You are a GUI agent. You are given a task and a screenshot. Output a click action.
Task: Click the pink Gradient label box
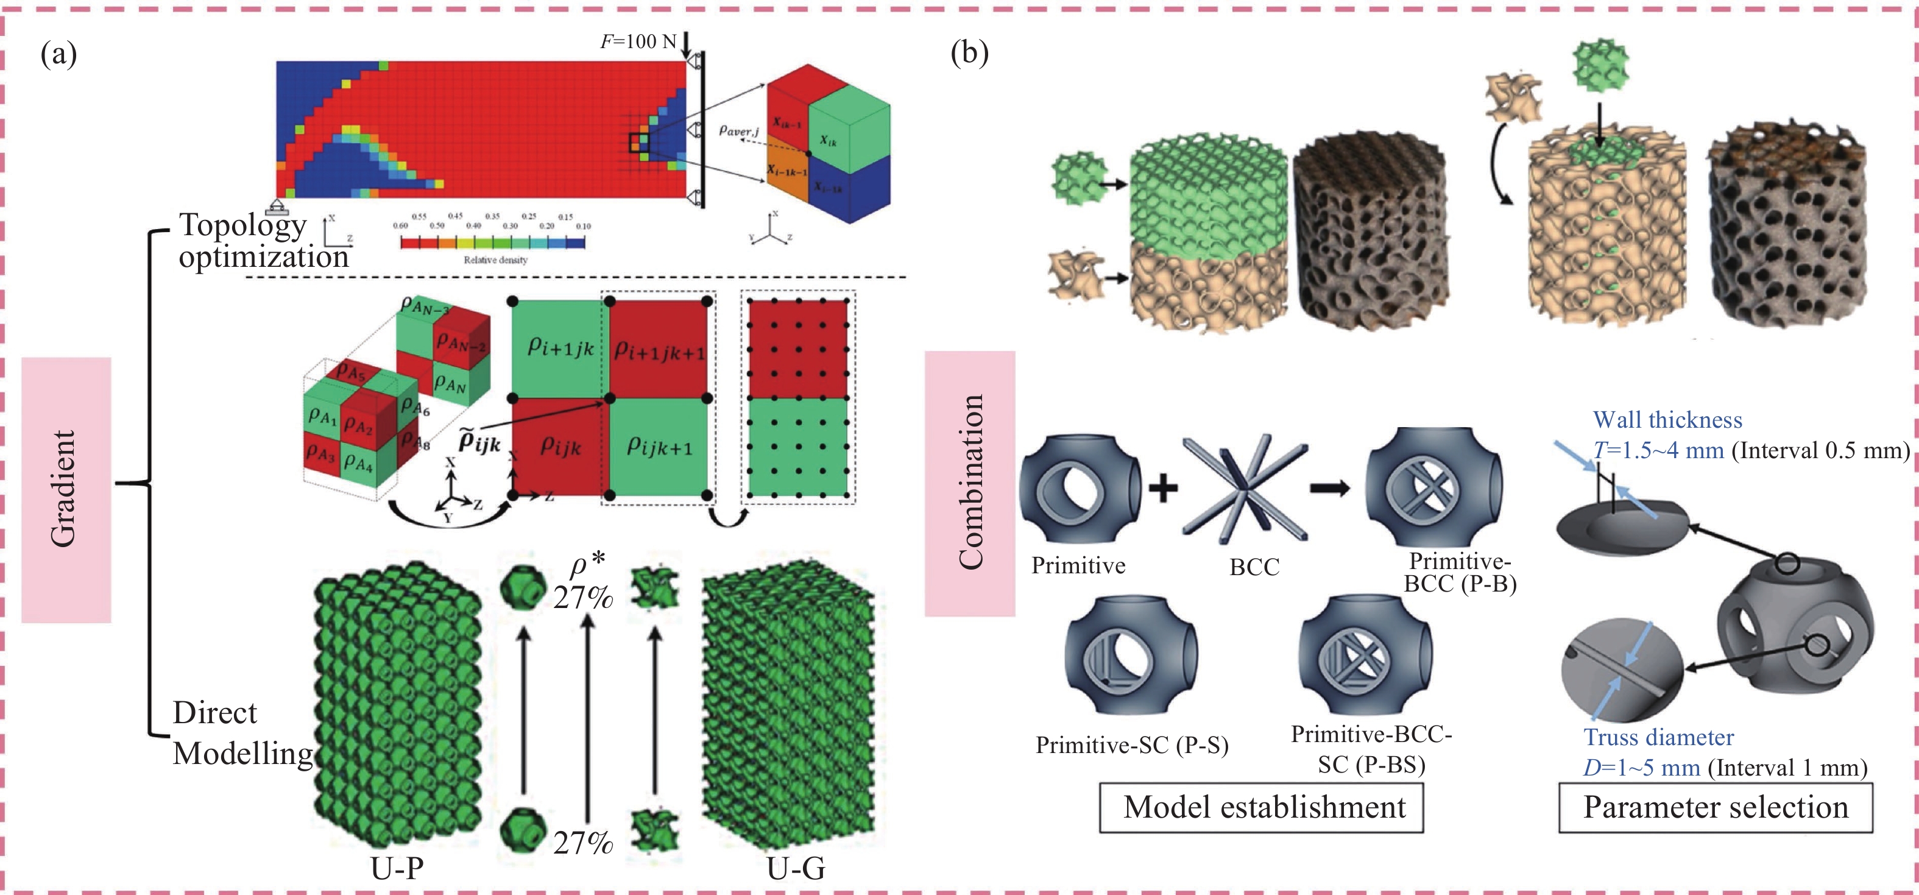(x=66, y=490)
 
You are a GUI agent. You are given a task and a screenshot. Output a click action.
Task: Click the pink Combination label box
(x=969, y=483)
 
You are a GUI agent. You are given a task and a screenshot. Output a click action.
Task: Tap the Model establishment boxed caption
(x=1261, y=807)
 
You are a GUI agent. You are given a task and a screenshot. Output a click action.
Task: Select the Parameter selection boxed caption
(x=1715, y=807)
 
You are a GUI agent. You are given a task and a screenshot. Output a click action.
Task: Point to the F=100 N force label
(x=638, y=41)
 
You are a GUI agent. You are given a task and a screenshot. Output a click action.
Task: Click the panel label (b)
(x=969, y=54)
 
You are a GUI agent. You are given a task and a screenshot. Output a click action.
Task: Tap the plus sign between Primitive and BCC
(x=1162, y=488)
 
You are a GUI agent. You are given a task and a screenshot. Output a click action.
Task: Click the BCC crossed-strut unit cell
(x=1244, y=488)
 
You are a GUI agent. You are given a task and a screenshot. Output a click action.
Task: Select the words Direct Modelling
(x=242, y=734)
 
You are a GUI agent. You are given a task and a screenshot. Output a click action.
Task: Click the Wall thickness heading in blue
(x=1667, y=420)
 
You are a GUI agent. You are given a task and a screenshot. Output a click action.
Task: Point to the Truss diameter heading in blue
(x=1658, y=737)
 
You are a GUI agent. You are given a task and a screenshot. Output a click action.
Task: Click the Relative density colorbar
(x=492, y=241)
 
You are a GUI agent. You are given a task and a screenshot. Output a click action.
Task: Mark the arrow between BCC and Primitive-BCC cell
(x=1330, y=488)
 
